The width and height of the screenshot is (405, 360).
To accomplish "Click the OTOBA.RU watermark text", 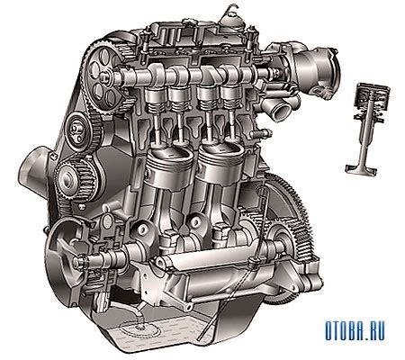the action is click(x=355, y=330).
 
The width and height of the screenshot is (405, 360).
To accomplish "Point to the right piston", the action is click(x=221, y=164).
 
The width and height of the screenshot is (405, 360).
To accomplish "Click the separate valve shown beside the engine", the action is click(x=366, y=129).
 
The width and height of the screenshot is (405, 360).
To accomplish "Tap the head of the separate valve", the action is click(x=361, y=169).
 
